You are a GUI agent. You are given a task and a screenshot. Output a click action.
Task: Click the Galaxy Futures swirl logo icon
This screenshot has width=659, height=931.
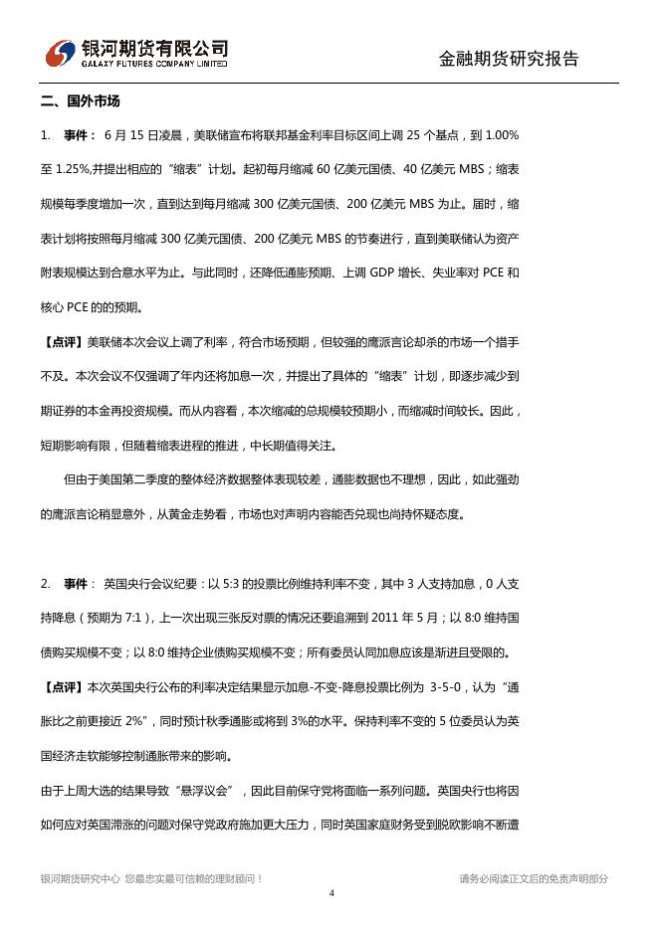point(62,53)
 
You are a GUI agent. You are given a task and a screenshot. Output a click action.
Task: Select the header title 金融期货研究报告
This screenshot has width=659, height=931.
point(509,58)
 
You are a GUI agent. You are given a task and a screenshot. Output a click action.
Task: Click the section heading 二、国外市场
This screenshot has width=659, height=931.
point(81,101)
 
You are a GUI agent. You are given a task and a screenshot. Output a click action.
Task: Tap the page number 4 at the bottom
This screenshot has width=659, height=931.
point(330,893)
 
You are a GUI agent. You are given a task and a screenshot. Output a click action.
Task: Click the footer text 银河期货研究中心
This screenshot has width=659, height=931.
point(81,878)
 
